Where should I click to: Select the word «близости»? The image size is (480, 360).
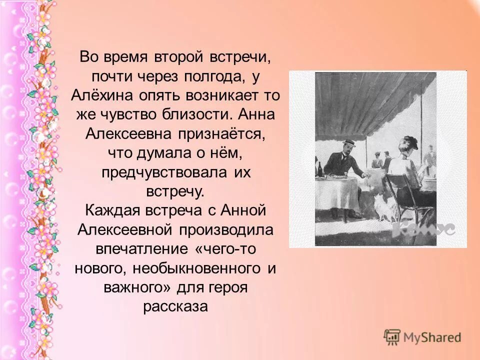pyautogui.click(x=193, y=114)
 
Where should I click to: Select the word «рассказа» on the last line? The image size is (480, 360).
pyautogui.click(x=175, y=305)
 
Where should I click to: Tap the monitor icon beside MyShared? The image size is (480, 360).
pyautogui.click(x=392, y=337)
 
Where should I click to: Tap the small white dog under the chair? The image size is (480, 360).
pyautogui.click(x=384, y=212)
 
